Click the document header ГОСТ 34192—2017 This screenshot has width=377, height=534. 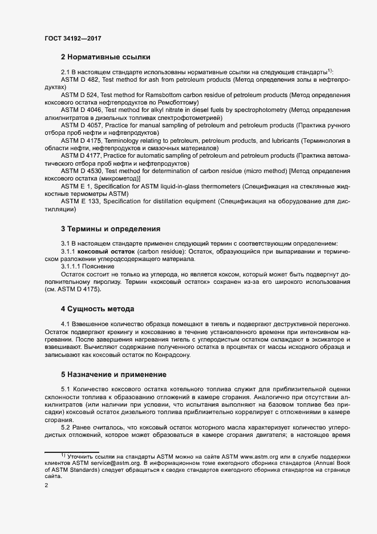[x=74, y=39]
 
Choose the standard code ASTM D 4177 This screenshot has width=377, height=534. [x=82, y=154]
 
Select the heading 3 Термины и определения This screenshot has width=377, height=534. [x=110, y=229]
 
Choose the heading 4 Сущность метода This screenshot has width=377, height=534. [x=97, y=309]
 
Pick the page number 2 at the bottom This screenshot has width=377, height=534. [x=46, y=485]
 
